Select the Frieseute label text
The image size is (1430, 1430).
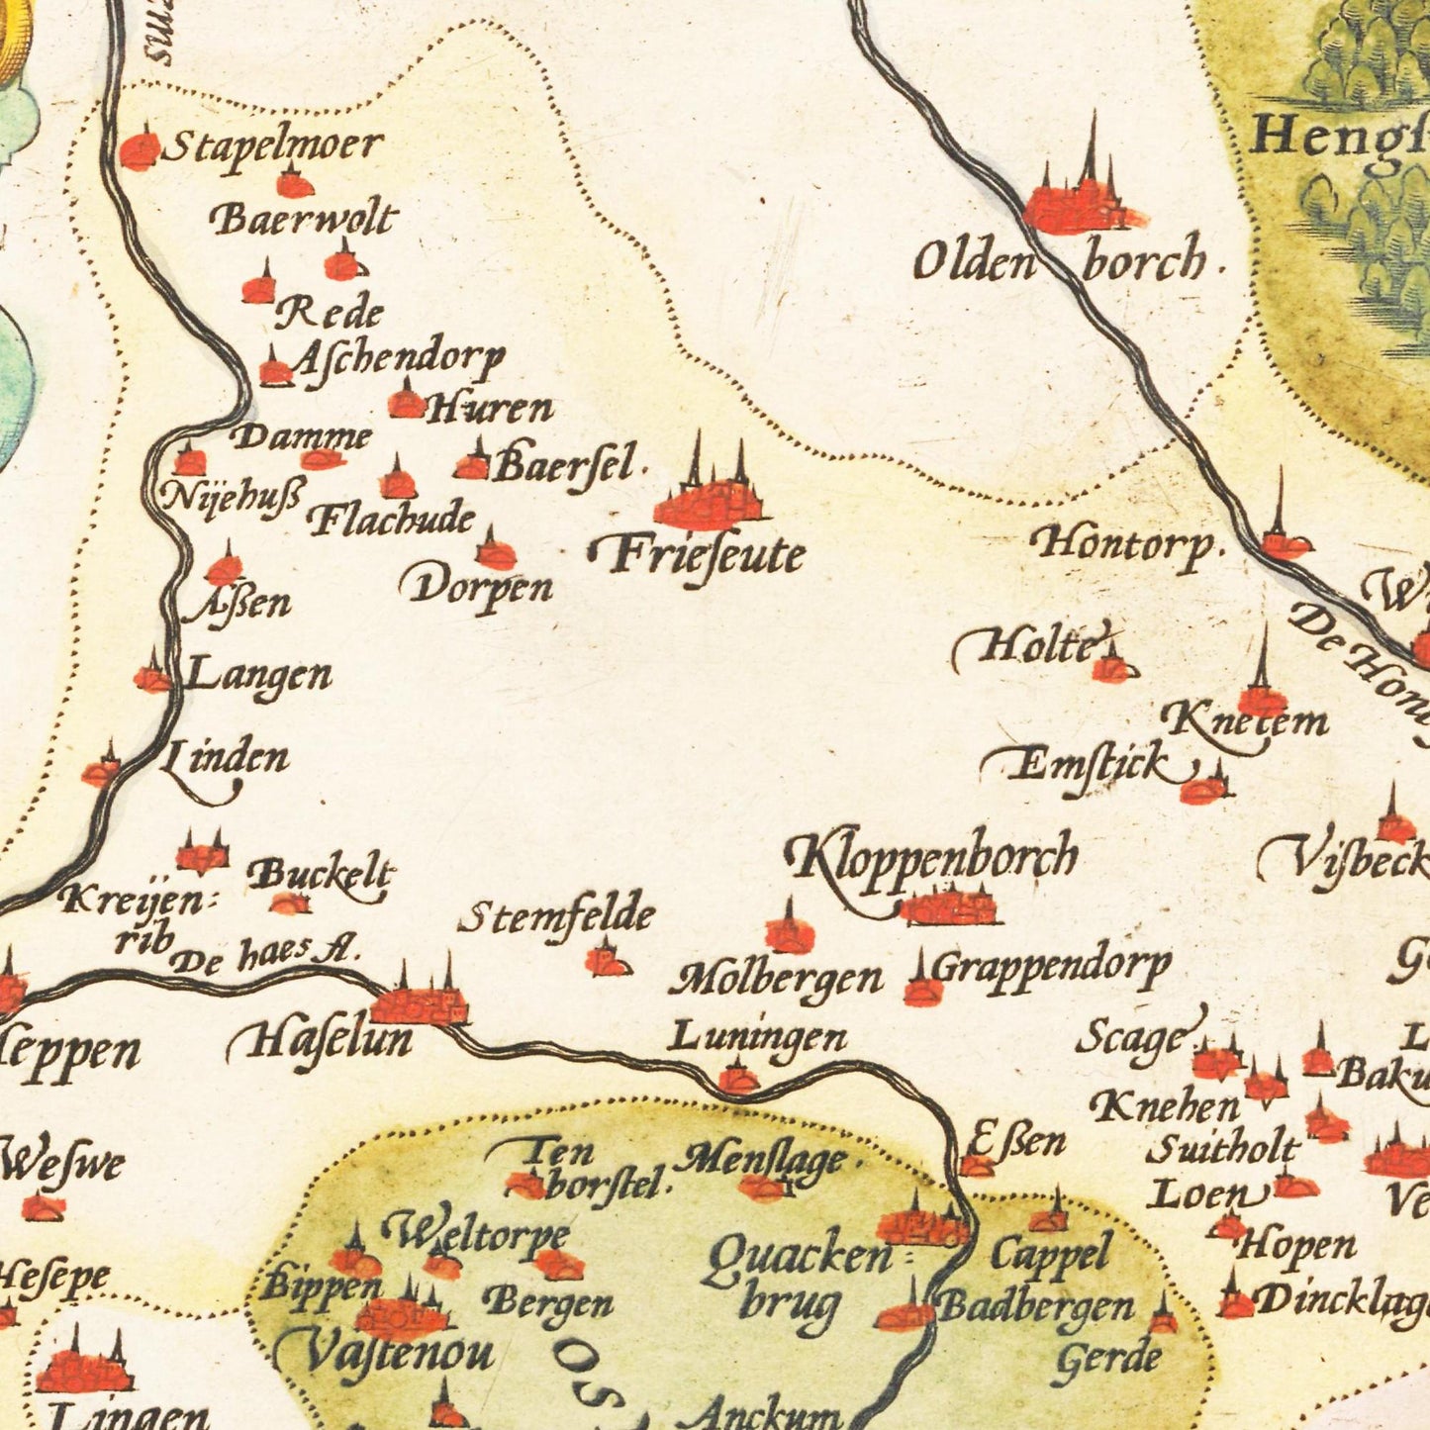tap(698, 555)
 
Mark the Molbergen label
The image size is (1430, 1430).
tap(777, 980)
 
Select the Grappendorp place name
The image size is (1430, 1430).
tap(1051, 965)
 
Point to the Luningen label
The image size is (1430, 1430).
tap(757, 1038)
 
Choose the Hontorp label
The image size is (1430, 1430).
tap(1123, 544)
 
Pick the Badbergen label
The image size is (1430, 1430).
tap(1036, 1306)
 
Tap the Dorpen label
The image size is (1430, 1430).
tap(477, 587)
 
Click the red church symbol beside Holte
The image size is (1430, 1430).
tap(1109, 668)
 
